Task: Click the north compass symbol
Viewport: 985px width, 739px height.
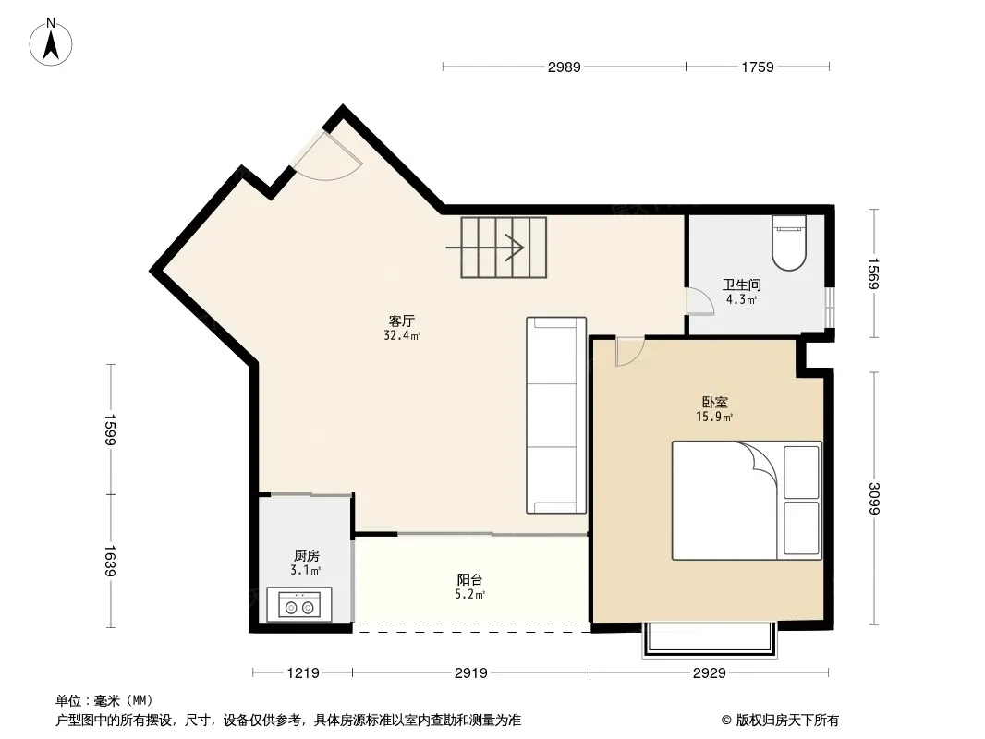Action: pyautogui.click(x=51, y=42)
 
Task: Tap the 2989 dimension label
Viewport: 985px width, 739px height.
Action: pyautogui.click(x=565, y=67)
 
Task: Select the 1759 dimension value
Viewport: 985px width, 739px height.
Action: pyautogui.click(x=758, y=67)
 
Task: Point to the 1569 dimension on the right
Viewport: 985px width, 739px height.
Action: pyautogui.click(x=873, y=273)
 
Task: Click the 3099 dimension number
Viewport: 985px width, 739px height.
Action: pyautogui.click(x=873, y=498)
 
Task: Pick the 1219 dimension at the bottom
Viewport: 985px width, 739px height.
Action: pyautogui.click(x=303, y=673)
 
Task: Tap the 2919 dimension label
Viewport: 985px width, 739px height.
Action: pyautogui.click(x=471, y=673)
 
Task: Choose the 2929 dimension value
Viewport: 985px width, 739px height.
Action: pyautogui.click(x=710, y=673)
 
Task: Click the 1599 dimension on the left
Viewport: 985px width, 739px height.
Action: pyautogui.click(x=111, y=430)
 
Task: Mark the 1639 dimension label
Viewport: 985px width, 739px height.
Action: pyautogui.click(x=111, y=561)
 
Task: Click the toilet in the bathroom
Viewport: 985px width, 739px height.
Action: pyautogui.click(x=789, y=242)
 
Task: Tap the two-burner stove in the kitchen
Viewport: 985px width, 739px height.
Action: pyautogui.click(x=299, y=604)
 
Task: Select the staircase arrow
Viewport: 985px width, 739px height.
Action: pyautogui.click(x=485, y=248)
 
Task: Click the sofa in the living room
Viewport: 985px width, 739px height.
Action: pyautogui.click(x=556, y=415)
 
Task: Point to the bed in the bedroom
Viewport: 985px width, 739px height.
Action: pyautogui.click(x=747, y=501)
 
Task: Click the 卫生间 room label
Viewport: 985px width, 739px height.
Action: pyautogui.click(x=741, y=285)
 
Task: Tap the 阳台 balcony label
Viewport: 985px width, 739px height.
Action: pyautogui.click(x=469, y=579)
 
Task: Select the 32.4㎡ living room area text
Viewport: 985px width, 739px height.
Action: pyautogui.click(x=402, y=335)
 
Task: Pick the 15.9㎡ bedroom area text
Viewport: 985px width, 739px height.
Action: pyautogui.click(x=715, y=417)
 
